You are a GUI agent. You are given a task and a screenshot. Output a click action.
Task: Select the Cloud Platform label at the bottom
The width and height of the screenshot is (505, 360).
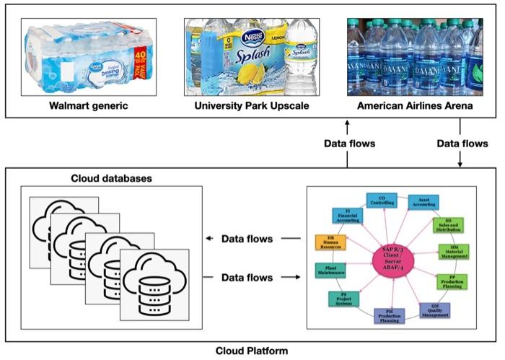coord(252,351)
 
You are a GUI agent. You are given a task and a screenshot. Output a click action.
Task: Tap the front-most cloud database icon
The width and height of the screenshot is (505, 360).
coord(154,278)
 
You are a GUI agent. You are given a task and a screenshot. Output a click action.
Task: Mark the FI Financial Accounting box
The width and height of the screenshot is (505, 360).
coord(347,215)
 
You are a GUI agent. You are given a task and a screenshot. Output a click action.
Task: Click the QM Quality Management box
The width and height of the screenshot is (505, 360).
coord(435,309)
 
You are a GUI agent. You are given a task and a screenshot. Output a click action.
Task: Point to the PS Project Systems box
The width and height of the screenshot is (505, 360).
coord(343,298)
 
